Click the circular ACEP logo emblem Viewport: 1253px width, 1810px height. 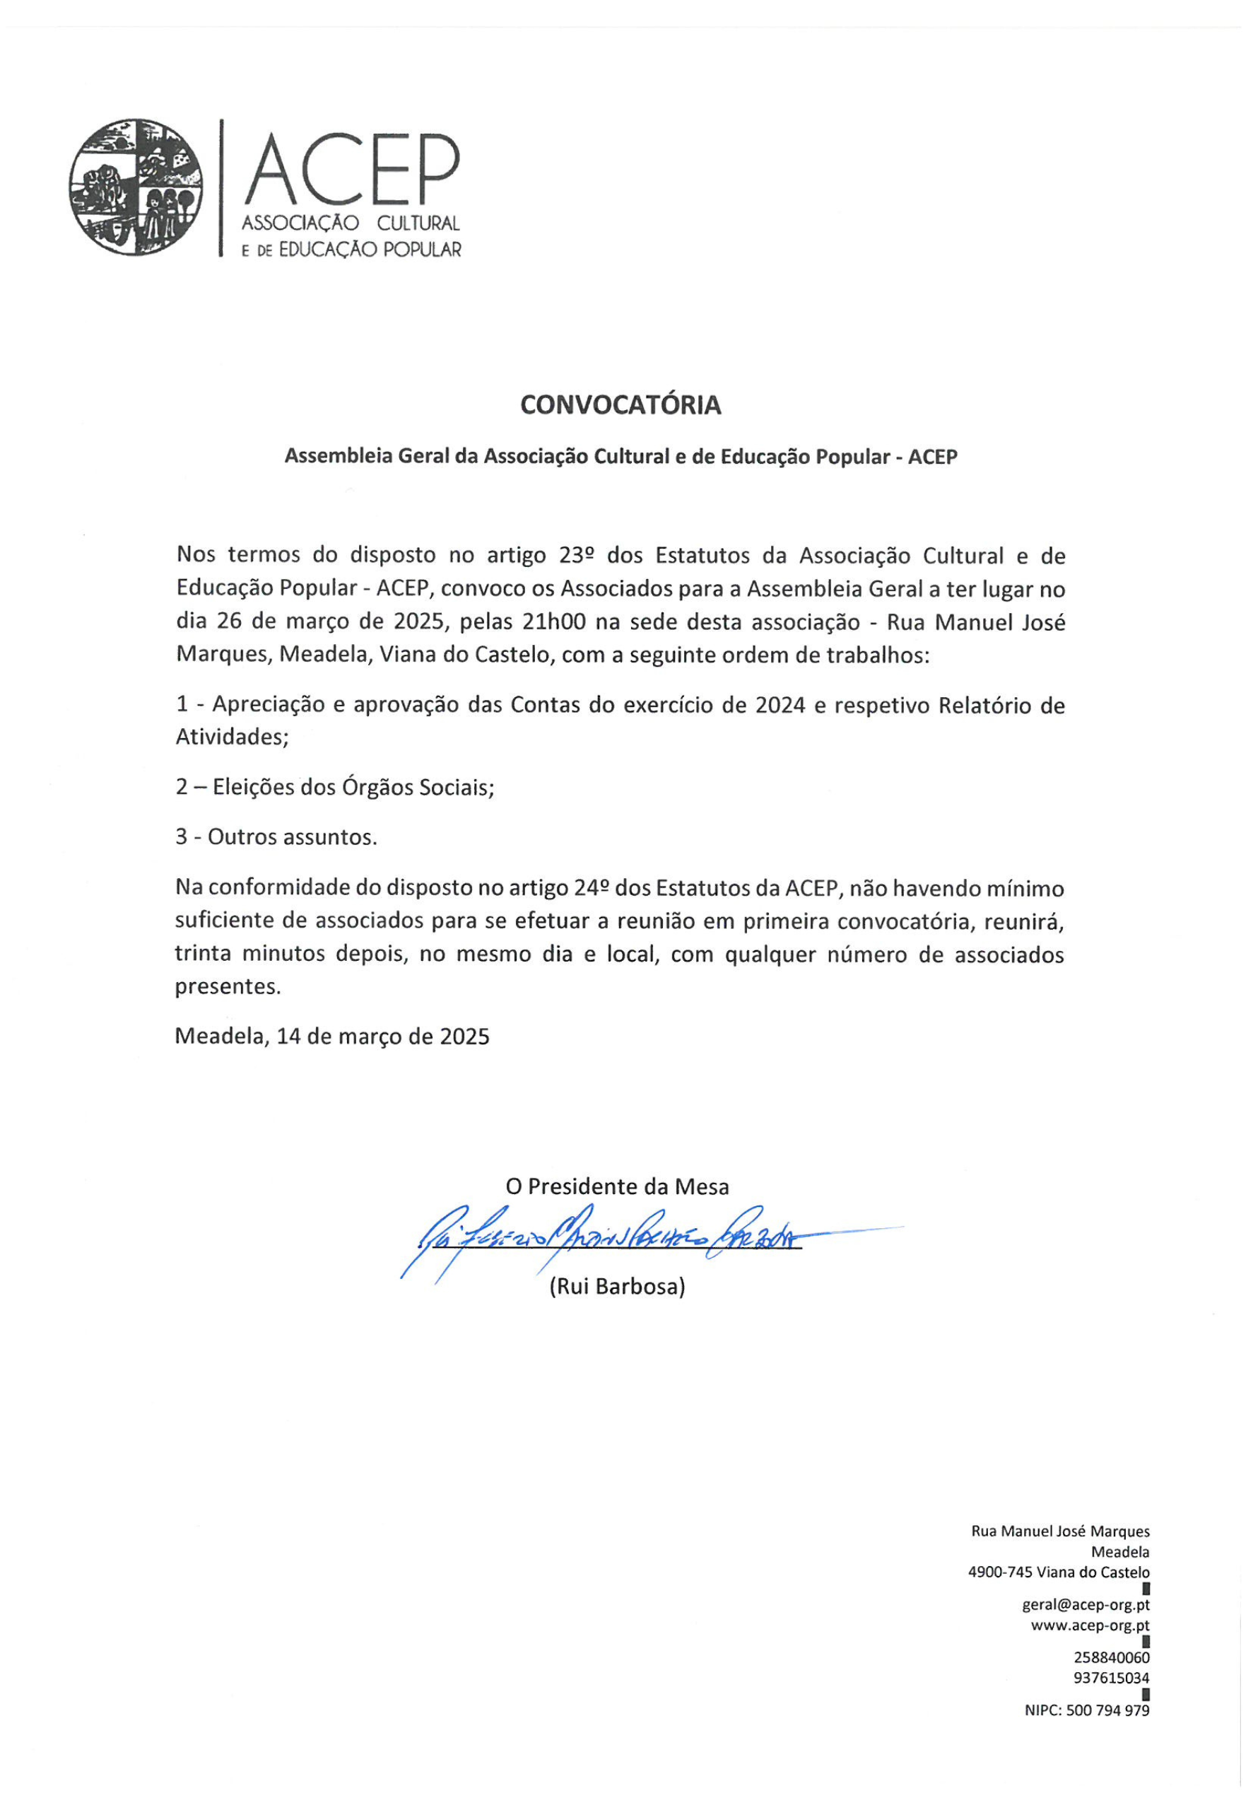tap(136, 187)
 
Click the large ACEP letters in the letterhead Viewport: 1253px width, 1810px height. tap(351, 169)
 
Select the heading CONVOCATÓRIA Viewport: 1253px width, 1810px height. tap(620, 405)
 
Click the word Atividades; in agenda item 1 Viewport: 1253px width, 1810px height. tap(233, 737)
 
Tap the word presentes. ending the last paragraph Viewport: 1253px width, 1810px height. tap(228, 986)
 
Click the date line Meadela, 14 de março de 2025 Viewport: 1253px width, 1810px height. tap(332, 1037)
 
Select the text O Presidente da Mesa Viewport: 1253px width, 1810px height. tap(617, 1186)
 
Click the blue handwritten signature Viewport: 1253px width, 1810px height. tap(604, 1239)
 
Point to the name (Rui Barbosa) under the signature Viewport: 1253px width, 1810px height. tap(617, 1286)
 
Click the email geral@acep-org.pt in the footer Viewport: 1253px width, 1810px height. tap(1086, 1606)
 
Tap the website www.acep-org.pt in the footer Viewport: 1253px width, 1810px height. tap(1090, 1626)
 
